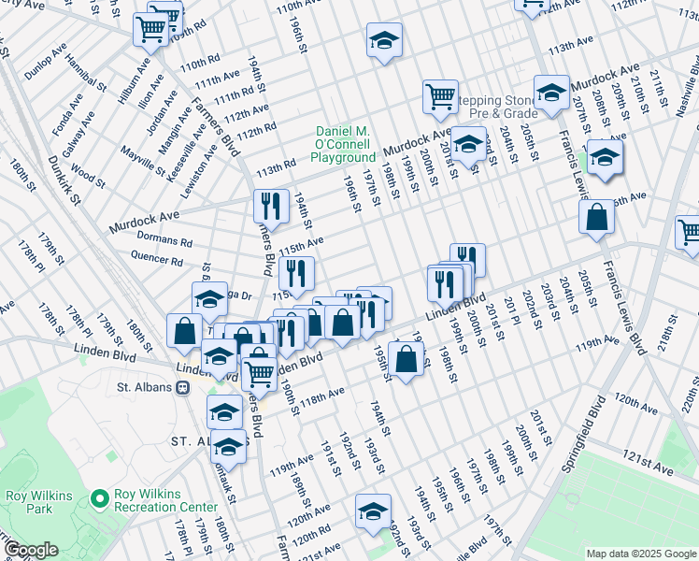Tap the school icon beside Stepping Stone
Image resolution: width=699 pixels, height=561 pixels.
click(551, 93)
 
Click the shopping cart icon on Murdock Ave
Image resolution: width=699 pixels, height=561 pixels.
click(439, 94)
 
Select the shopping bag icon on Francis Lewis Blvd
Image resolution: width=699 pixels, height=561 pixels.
click(596, 218)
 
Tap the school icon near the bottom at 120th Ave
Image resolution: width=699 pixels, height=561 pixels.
click(373, 511)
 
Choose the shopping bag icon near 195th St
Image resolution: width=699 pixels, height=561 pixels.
click(406, 358)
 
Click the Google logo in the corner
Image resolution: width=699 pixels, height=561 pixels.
click(32, 550)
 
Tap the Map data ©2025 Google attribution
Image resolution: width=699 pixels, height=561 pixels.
click(641, 554)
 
